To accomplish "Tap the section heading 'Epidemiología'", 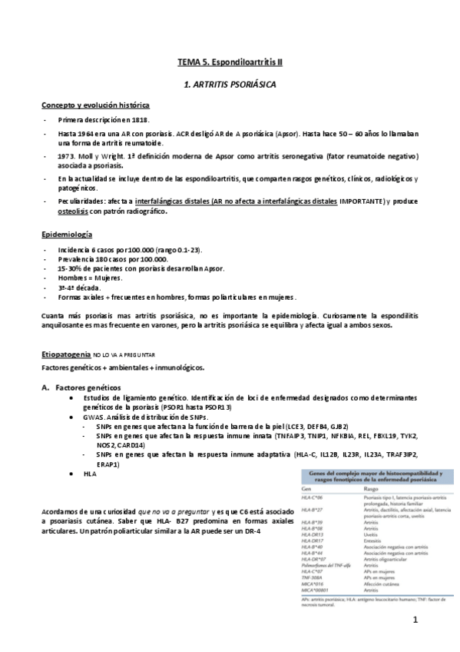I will tap(66, 234).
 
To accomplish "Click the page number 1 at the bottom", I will tap(415, 620).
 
